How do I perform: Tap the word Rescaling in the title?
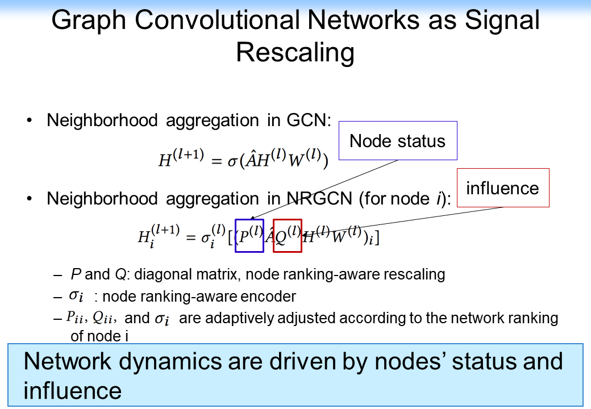295,53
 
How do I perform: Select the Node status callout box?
398,140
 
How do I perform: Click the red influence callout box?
502,187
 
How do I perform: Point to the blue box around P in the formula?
249,235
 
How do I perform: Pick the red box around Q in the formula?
288,235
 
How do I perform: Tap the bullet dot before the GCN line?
30,121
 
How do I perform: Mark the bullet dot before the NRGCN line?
30,199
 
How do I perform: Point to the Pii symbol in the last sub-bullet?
74,317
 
